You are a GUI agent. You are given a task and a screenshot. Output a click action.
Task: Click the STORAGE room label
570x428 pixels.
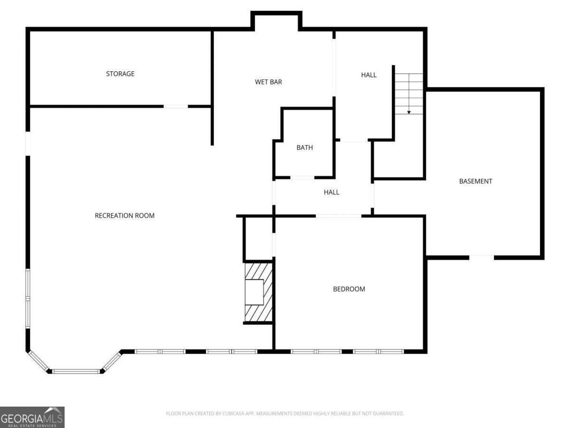click(120, 74)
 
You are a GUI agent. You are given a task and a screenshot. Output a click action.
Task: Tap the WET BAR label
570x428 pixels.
click(268, 82)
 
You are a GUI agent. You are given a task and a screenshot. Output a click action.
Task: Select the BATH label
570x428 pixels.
click(304, 147)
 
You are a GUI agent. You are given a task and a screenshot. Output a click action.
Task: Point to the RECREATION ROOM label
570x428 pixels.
click(124, 216)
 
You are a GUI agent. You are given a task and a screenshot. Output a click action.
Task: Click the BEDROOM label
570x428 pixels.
click(349, 289)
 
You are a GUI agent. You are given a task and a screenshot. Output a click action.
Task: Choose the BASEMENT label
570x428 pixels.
click(475, 181)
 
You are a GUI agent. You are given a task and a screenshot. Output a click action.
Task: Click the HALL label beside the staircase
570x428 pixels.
click(369, 75)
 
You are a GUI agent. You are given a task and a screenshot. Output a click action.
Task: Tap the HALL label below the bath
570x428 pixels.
click(332, 192)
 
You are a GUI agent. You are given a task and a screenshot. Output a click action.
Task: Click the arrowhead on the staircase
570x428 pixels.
click(409, 113)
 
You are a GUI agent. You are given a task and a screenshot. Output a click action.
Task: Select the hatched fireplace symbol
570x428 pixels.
click(259, 292)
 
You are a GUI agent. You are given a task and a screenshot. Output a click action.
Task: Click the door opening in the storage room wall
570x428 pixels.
click(176, 107)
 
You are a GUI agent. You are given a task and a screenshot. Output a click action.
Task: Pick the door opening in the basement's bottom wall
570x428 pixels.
click(482, 258)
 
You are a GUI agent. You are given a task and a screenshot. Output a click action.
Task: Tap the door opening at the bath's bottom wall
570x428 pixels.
click(302, 178)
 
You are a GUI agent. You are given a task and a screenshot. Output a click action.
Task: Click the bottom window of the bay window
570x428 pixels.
click(76, 371)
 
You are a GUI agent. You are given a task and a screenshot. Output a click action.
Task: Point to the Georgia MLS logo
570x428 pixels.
click(32, 417)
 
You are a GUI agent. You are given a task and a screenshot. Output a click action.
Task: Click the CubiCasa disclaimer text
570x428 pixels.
click(285, 413)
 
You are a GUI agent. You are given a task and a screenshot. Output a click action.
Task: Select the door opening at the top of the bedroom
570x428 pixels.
click(339, 216)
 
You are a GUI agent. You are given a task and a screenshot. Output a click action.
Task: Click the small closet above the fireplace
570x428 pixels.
click(259, 239)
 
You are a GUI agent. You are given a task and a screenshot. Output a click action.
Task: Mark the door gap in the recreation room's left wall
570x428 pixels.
click(28, 144)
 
